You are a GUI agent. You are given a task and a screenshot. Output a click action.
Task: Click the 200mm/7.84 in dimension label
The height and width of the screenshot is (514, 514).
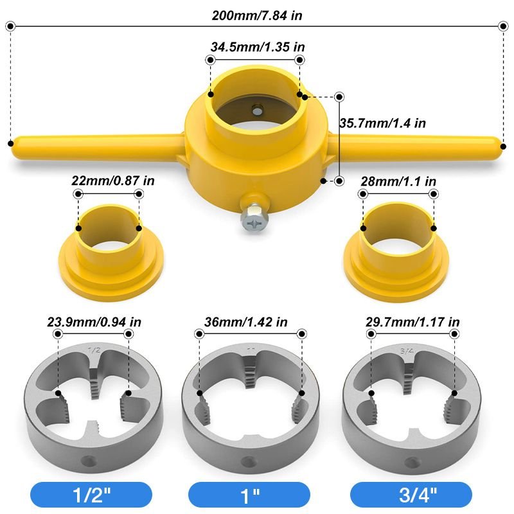pos(257,15)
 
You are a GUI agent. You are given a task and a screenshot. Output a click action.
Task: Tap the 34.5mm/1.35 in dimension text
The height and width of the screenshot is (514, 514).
pos(255,47)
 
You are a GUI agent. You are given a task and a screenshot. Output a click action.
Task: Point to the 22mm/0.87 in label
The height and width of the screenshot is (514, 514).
pos(113,181)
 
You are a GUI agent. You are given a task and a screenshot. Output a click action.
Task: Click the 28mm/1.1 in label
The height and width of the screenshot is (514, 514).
pos(399,181)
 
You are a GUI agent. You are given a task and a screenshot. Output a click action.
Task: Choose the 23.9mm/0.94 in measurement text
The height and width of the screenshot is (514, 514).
pos(94,322)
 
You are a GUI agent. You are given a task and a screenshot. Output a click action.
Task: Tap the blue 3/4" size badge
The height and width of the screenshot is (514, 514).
pos(411,495)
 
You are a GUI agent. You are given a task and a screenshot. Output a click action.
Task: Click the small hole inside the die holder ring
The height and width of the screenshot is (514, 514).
pos(257,110)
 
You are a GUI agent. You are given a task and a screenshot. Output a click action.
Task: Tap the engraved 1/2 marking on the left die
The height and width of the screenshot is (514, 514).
pos(94,351)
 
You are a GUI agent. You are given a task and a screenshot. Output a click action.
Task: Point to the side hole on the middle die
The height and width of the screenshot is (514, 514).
pos(245,460)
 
